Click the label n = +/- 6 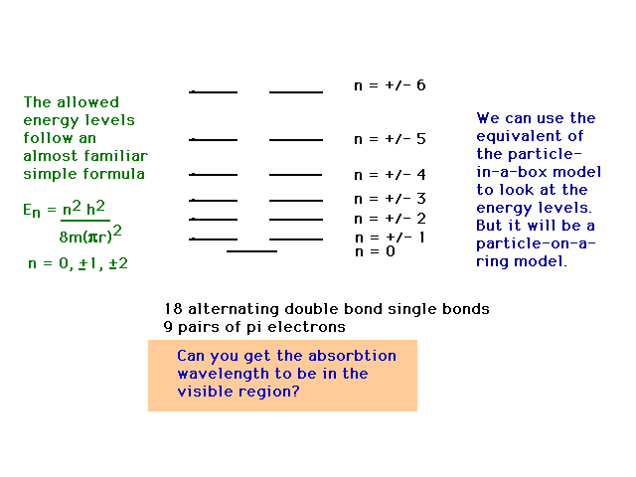pyautogui.click(x=390, y=85)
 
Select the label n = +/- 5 pyautogui.click(x=390, y=139)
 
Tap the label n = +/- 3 pyautogui.click(x=390, y=199)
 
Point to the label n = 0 pyautogui.click(x=375, y=251)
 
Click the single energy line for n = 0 pyautogui.click(x=251, y=251)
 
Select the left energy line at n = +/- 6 pyautogui.click(x=213, y=92)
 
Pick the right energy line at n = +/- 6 pyautogui.click(x=296, y=92)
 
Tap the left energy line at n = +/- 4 pyautogui.click(x=213, y=175)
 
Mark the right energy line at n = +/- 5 pyautogui.click(x=296, y=140)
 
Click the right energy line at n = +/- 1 pyautogui.click(x=296, y=239)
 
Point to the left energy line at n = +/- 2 pyautogui.click(x=213, y=220)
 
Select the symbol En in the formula pyautogui.click(x=32, y=211)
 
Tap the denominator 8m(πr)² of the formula pyautogui.click(x=90, y=235)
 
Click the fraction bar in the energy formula pyautogui.click(x=85, y=221)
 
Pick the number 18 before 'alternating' pyautogui.click(x=173, y=309)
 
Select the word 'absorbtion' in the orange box pyautogui.click(x=352, y=356)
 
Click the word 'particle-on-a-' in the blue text pyautogui.click(x=536, y=244)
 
